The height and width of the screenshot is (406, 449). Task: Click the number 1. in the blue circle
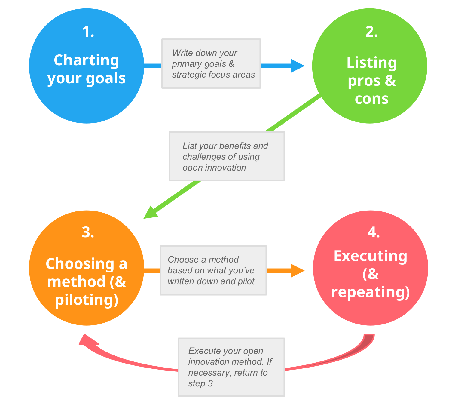[88, 32]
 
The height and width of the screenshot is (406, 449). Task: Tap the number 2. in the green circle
[371, 32]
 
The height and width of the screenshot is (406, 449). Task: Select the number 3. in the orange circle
[88, 232]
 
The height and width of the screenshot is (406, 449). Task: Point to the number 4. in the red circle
[373, 232]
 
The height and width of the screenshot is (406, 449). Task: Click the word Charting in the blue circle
[86, 60]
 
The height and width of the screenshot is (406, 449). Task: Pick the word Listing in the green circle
[371, 63]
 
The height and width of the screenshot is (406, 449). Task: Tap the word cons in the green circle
[371, 99]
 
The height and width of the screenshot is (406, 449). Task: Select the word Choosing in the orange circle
[80, 264]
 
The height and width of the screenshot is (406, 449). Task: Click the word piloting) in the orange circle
[87, 300]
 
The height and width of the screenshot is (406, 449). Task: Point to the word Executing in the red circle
[370, 256]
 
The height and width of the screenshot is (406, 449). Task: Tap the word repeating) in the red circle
[370, 292]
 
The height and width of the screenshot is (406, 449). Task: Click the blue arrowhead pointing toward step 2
[298, 66]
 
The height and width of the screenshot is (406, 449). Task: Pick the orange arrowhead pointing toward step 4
[298, 271]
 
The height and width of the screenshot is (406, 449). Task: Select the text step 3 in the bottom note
[200, 384]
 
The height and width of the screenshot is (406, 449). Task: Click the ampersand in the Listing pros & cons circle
[390, 81]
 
